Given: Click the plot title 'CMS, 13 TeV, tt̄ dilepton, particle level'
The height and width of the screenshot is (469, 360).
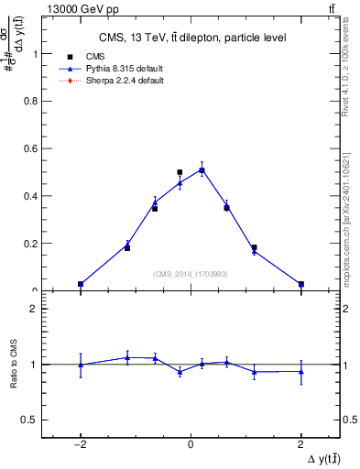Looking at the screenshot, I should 191,38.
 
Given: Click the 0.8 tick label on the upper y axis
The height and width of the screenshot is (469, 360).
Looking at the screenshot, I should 35,101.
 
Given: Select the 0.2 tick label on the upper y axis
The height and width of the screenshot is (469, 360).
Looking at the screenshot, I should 35,244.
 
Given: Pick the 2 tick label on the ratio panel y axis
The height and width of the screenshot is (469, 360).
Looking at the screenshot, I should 38,309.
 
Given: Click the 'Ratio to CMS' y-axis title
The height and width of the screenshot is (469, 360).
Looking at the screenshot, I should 14,364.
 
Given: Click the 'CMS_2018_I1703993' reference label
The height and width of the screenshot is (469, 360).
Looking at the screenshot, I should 191,274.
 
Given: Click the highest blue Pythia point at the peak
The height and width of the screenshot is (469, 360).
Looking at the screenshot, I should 202,169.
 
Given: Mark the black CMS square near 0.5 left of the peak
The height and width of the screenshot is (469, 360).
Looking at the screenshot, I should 180,172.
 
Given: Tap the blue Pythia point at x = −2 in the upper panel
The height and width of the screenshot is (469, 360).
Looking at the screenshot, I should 81,284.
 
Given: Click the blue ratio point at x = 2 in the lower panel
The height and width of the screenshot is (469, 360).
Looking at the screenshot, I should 301,371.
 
